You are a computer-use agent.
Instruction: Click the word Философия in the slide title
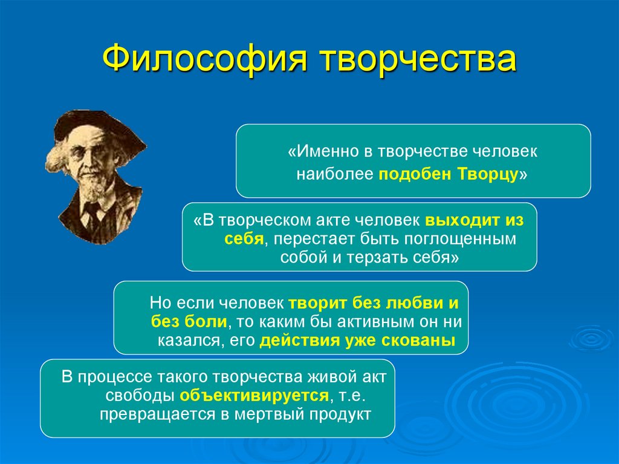tap(203, 60)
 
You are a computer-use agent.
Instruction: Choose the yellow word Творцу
tap(491, 174)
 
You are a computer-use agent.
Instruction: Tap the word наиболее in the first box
tap(335, 174)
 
